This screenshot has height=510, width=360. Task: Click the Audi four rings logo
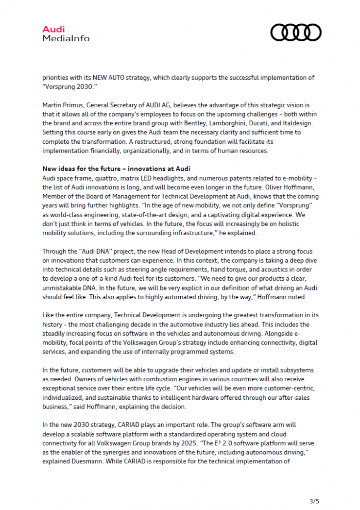(295, 33)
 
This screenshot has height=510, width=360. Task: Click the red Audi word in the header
(53, 30)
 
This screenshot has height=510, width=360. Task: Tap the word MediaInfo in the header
(66, 38)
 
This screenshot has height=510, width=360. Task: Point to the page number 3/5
(313, 500)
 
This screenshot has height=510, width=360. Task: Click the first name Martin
(53, 105)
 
